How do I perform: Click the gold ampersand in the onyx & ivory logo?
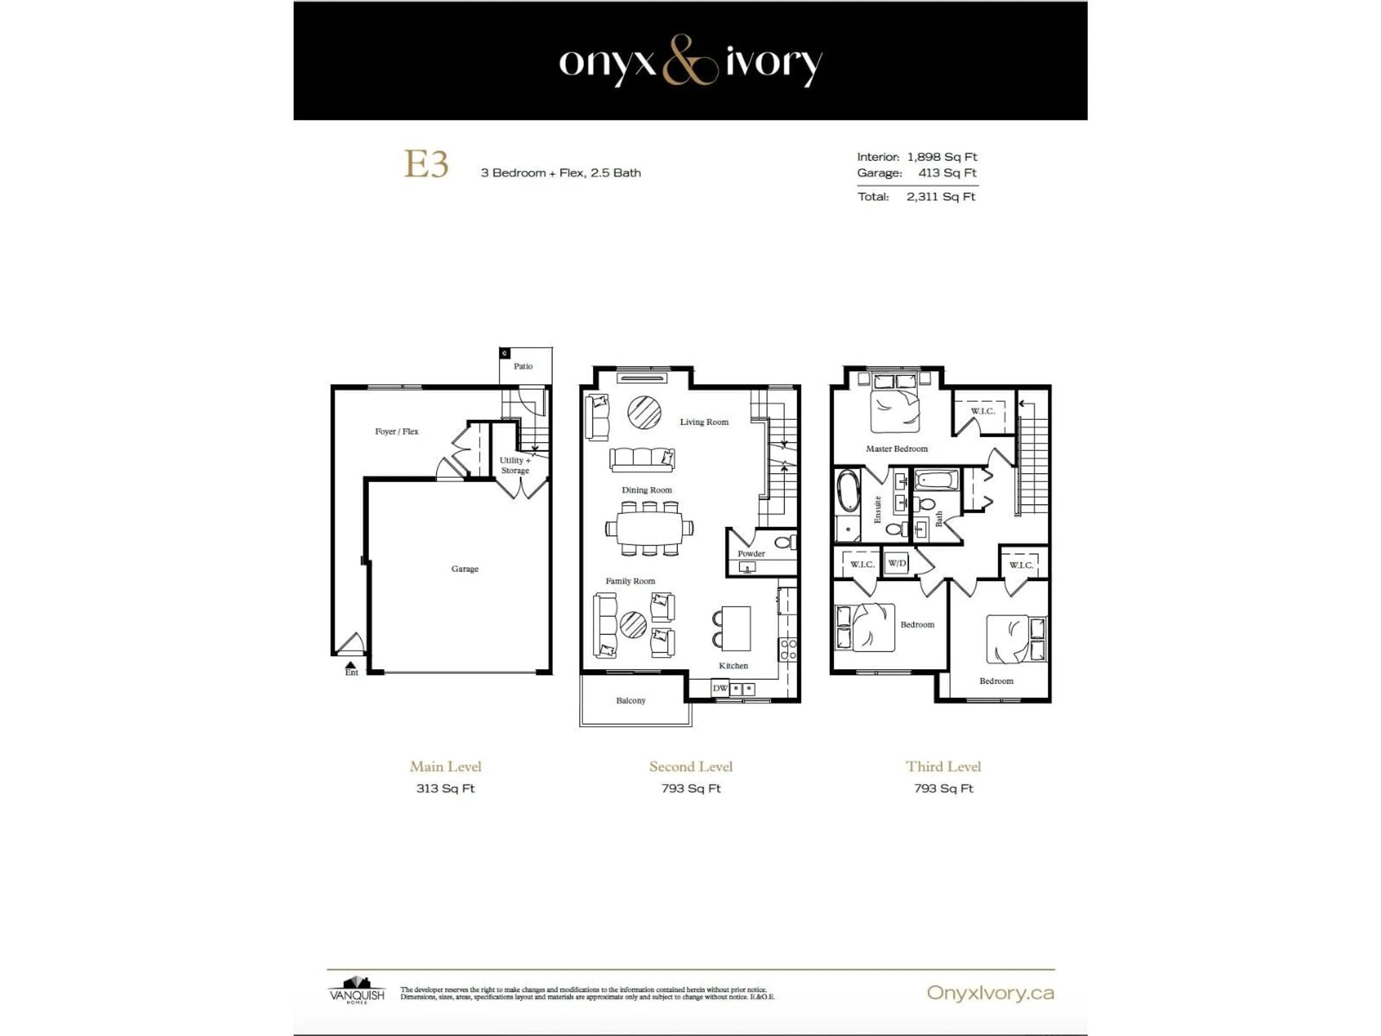(689, 60)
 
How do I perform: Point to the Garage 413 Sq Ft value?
(947, 173)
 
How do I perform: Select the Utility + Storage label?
(515, 465)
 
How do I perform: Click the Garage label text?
(465, 569)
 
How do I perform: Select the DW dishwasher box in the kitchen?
(720, 688)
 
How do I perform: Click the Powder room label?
(751, 553)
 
